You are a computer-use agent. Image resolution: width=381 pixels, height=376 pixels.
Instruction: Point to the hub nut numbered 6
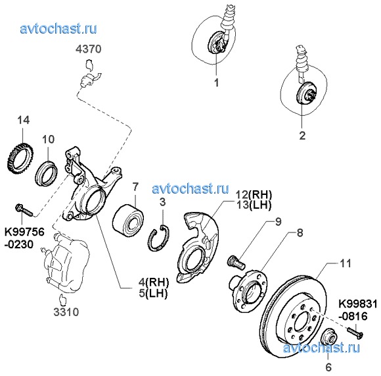click(x=329, y=336)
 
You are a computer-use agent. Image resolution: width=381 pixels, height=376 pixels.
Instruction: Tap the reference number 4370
click(x=89, y=49)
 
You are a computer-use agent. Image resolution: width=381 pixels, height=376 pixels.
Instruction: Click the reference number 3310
click(x=66, y=312)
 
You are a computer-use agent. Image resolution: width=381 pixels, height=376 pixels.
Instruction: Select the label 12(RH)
click(x=254, y=194)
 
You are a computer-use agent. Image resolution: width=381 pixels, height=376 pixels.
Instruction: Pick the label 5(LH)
click(x=153, y=293)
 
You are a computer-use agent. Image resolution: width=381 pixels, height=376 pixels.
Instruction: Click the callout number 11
click(x=346, y=264)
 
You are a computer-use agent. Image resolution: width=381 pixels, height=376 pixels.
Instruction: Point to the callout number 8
click(x=300, y=232)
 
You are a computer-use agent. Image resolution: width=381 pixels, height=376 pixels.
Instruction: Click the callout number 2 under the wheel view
click(x=302, y=136)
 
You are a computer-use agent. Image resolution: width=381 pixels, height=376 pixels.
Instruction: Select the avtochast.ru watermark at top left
click(x=58, y=29)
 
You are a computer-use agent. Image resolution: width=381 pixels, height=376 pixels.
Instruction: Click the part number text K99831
click(x=358, y=304)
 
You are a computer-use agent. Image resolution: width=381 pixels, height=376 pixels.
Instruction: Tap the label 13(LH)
click(x=254, y=205)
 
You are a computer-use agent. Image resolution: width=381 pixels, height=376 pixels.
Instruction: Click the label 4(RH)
click(x=153, y=282)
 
